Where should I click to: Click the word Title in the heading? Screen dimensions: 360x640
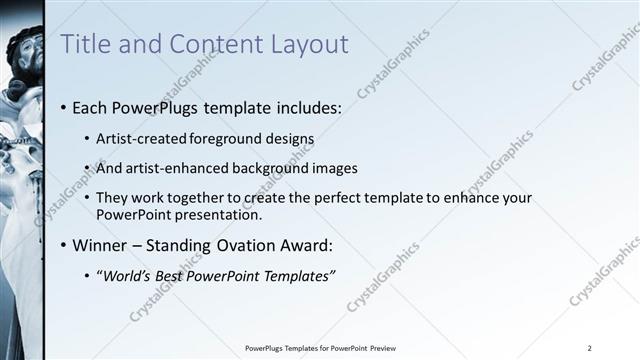tap(86, 44)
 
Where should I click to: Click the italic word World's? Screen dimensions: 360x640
tap(127, 276)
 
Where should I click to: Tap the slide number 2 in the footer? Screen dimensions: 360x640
tap(591, 347)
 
